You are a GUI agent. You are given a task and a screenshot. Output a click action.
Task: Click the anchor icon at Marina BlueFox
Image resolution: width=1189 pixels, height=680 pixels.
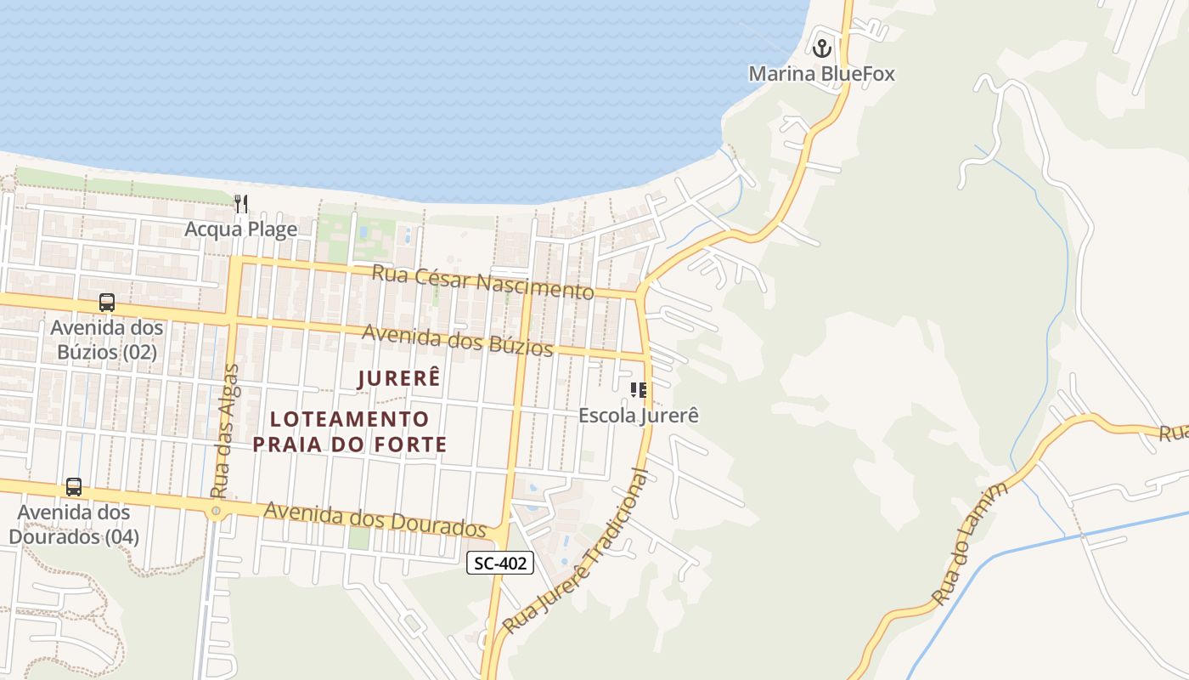click(x=821, y=48)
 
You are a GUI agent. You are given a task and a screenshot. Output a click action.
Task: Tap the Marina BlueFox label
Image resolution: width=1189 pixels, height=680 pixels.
click(x=821, y=74)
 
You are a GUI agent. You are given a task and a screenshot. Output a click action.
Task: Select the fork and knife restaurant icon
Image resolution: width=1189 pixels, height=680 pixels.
click(x=241, y=203)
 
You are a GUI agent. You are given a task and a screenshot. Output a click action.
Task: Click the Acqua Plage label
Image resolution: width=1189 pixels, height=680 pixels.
click(x=241, y=229)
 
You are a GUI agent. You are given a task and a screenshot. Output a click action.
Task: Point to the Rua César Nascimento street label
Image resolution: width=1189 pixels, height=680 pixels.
click(x=482, y=282)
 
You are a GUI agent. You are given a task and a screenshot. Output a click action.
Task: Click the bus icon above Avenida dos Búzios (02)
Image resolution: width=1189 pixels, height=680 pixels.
click(x=106, y=303)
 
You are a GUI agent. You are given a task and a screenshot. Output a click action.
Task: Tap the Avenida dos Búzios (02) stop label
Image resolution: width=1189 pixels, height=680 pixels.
click(x=107, y=339)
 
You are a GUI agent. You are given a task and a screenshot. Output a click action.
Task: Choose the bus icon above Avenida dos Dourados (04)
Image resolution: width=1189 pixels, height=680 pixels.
click(x=74, y=487)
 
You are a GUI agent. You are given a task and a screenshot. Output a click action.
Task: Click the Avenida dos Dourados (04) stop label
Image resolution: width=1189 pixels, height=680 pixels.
click(x=74, y=524)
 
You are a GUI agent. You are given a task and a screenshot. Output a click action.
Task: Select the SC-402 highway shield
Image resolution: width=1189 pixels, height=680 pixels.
click(x=500, y=563)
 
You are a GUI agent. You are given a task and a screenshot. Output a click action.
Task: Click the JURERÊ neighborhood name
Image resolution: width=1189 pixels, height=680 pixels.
click(x=399, y=378)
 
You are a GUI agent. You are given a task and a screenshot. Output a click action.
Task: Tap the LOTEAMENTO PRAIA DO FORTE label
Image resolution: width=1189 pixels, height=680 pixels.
click(x=350, y=431)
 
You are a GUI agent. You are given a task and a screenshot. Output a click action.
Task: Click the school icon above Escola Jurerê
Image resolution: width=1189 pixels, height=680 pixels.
click(x=639, y=390)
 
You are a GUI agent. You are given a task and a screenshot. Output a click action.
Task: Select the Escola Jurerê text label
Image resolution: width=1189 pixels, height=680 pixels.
click(x=639, y=416)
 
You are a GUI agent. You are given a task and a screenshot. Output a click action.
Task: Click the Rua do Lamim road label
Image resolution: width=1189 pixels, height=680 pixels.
click(x=970, y=544)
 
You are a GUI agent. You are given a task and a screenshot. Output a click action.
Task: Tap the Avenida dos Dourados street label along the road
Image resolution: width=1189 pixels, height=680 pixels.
click(x=375, y=518)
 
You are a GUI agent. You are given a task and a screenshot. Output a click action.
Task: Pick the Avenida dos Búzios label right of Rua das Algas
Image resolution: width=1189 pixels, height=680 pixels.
click(x=458, y=340)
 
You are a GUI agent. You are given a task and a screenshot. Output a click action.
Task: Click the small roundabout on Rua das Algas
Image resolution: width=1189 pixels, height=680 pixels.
click(x=216, y=511)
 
